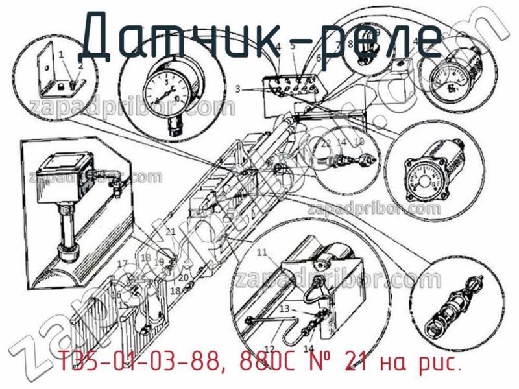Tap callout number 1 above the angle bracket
tap(60, 54)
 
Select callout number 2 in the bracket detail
tap(80, 65)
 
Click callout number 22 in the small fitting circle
tap(326, 142)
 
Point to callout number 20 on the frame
tap(184, 277)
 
